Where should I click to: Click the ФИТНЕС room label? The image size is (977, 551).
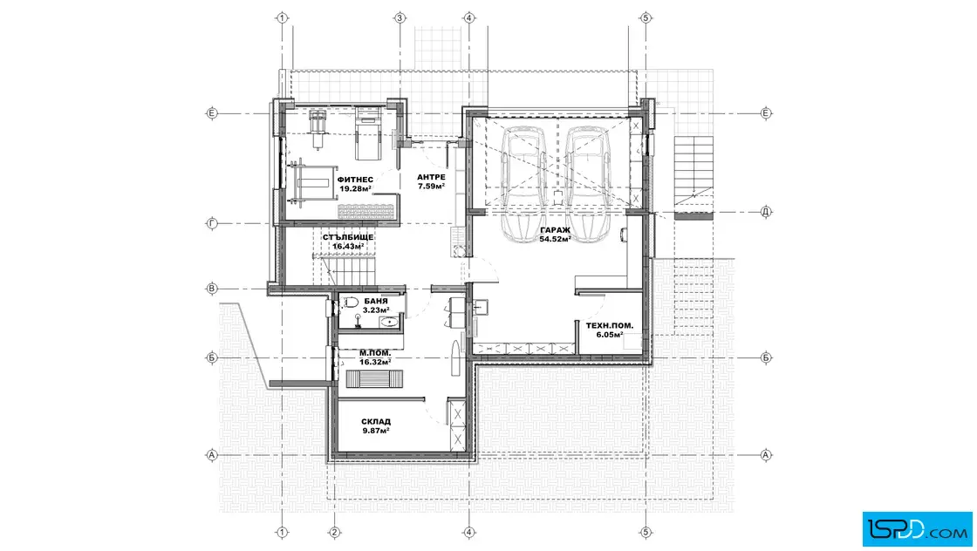(355, 180)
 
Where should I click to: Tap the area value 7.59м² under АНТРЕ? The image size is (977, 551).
(431, 187)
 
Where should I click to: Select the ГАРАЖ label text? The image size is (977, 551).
(555, 230)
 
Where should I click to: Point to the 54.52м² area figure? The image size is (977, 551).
(555, 239)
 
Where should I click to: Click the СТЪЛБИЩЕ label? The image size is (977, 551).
(348, 237)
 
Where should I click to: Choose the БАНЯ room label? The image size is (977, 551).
(376, 302)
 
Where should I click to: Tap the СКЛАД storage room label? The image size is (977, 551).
(376, 421)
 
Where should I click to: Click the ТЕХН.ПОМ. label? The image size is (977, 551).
(610, 325)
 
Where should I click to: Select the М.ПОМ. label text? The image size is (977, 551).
(375, 353)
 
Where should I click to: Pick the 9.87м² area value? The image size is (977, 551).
(376, 430)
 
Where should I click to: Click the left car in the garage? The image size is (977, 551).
(524, 184)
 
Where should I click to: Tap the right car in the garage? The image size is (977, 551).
(588, 184)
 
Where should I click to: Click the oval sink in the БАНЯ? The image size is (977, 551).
(389, 322)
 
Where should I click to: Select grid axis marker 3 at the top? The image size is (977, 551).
(400, 18)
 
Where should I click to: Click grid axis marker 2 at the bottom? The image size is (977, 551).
(335, 533)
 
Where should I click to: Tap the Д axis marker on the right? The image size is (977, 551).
(767, 212)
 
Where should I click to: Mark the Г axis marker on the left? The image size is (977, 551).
(212, 223)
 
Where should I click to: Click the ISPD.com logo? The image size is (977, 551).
(917, 529)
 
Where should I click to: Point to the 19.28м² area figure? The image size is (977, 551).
(356, 188)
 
